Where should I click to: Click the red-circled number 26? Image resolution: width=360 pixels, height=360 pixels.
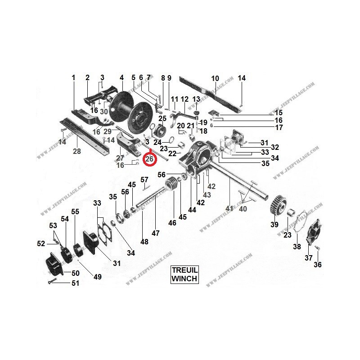(x=149, y=159)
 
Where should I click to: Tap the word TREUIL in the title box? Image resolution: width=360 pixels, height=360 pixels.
(x=184, y=270)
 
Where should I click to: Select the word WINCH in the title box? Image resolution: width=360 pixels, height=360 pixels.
(x=184, y=279)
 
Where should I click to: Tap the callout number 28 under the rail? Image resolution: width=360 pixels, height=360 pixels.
(x=77, y=152)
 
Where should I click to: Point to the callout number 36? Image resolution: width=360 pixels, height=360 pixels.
(x=317, y=265)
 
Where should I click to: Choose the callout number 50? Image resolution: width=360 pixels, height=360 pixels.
(x=75, y=273)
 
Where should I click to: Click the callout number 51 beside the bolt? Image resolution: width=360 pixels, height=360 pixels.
(x=75, y=283)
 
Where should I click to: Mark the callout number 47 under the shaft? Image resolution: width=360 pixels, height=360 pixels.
(x=156, y=233)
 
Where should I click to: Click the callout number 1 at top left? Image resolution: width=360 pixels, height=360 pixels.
(x=73, y=78)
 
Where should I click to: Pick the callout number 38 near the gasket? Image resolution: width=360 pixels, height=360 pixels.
(x=297, y=247)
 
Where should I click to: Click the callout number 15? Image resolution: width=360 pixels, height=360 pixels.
(x=279, y=112)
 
